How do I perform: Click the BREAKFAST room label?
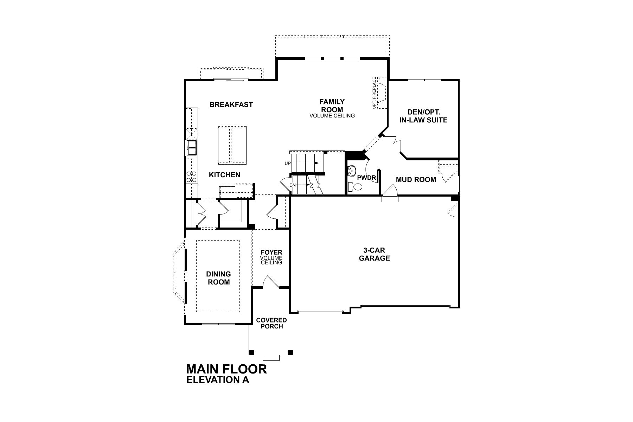tap(231, 104)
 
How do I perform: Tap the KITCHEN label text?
tap(225, 175)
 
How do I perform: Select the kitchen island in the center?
tap(232, 145)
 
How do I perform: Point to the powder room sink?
tap(352, 171)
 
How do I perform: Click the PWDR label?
tap(367, 178)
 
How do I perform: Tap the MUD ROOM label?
tap(416, 180)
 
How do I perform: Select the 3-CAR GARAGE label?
tap(374, 254)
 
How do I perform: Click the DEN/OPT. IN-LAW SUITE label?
tap(423, 116)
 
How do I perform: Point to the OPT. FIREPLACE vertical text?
tap(375, 93)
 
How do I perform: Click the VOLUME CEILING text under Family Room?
tap(332, 115)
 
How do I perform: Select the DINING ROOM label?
tap(218, 278)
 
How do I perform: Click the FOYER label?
tap(271, 252)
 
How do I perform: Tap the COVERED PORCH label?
tap(271, 323)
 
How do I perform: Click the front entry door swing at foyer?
tap(270, 282)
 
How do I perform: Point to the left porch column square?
tap(251, 352)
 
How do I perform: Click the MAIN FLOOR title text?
tap(226, 369)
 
